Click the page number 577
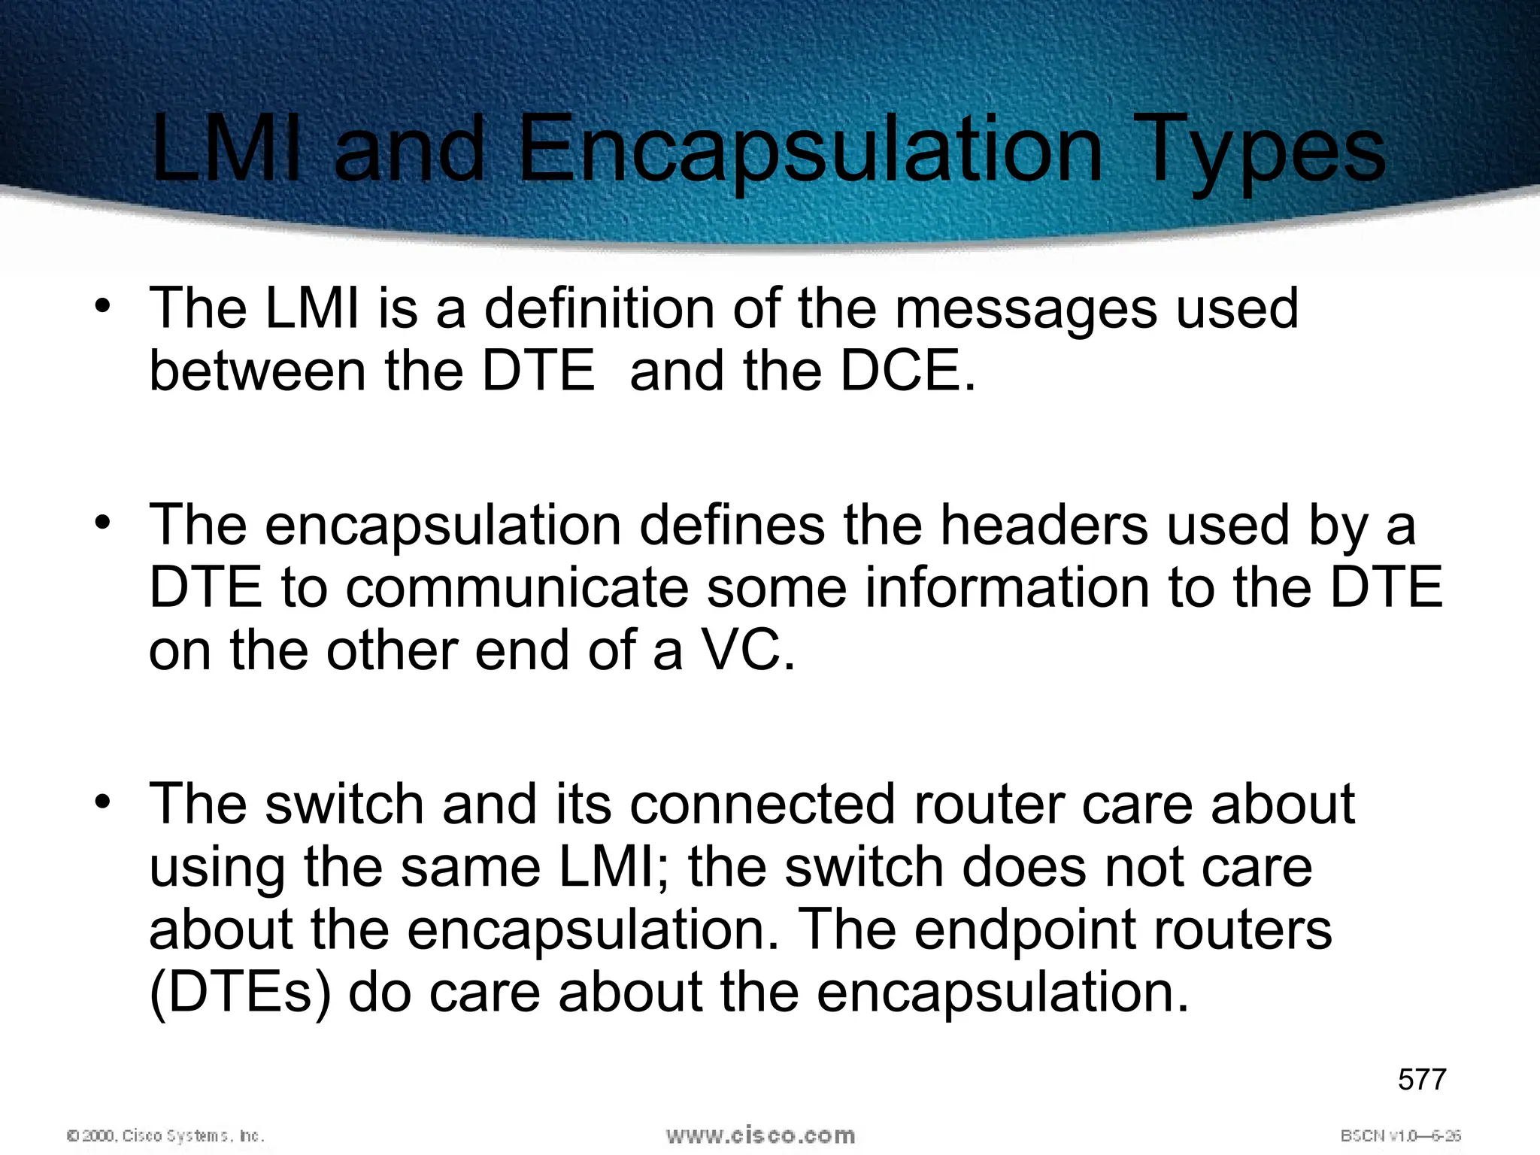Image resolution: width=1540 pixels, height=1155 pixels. point(1422,1079)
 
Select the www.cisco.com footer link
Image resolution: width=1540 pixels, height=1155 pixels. point(760,1135)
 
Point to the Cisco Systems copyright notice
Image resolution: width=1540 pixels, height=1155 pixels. point(165,1135)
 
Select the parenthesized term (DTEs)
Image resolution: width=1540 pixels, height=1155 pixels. point(240,993)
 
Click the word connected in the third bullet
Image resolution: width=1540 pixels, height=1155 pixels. point(762,805)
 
